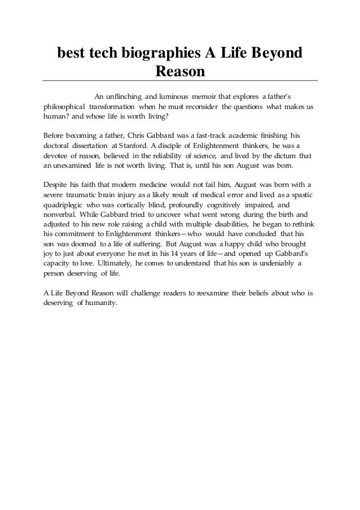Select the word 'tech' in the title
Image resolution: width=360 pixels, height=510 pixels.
click(96, 54)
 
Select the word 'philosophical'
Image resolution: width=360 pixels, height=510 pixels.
click(64, 107)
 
